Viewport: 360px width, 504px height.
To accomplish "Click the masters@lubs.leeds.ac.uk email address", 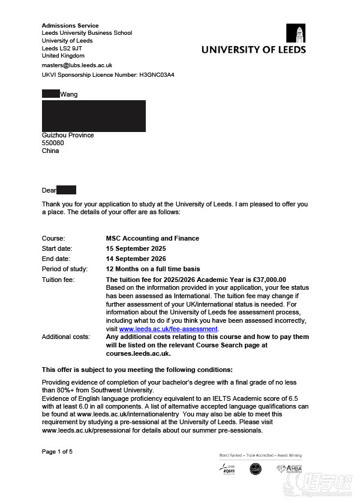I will click(77, 65).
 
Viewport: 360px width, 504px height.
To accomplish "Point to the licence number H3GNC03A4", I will click(157, 75).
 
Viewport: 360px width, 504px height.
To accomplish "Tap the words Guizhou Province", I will click(68, 135).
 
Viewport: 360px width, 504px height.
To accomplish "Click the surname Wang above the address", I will click(69, 94).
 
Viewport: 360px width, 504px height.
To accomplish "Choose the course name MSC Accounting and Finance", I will click(152, 238).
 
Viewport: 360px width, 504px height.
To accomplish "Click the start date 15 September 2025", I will click(136, 248).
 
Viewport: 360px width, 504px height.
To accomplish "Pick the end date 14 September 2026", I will click(136, 259).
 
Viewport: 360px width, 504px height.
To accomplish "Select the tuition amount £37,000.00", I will click(266, 280).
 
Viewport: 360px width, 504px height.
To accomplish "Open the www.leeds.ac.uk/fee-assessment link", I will click(169, 329).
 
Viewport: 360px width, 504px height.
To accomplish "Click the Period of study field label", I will click(64, 269).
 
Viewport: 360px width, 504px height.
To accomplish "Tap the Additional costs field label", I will click(65, 337).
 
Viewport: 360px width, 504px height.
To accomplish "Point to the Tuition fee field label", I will click(58, 280).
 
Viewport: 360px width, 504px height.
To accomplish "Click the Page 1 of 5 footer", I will click(57, 451).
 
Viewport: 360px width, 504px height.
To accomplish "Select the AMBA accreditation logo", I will click(289, 469).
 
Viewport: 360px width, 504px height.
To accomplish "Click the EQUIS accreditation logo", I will click(227, 469).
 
